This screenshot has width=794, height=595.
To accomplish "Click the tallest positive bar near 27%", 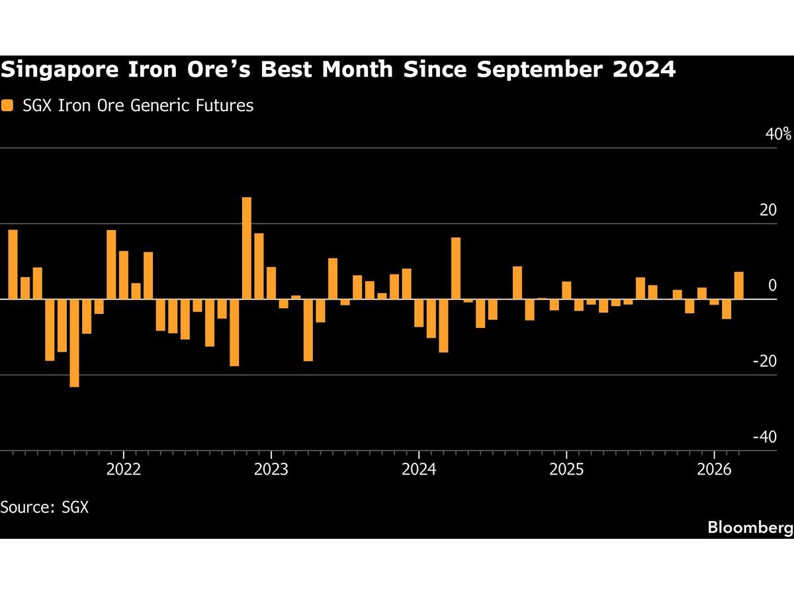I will (x=247, y=248).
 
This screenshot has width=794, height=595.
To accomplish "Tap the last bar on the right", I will (x=738, y=286).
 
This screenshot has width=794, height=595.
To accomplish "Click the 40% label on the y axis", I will (x=777, y=135).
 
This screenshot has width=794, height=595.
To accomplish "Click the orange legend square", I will (x=7, y=105).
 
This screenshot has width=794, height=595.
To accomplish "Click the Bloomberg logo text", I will (x=750, y=528).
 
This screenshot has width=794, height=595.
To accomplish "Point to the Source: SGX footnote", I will (x=44, y=508).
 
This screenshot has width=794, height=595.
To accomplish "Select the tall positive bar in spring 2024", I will (x=456, y=268).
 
